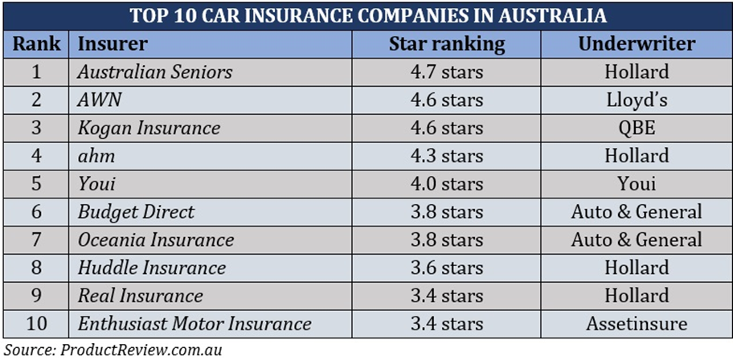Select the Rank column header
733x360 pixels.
pos(36,43)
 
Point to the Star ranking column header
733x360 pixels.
pos(447,43)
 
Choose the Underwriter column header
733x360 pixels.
pos(637,43)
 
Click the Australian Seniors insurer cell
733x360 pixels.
pos(154,72)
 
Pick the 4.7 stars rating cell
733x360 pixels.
pos(447,72)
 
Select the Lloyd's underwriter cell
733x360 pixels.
pos(637,100)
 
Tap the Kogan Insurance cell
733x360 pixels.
pos(149,128)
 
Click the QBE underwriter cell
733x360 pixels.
pos(637,128)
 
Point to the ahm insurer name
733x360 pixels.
pos(96,156)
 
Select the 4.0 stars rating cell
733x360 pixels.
pos(447,184)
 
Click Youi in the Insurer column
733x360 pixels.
pos(96,184)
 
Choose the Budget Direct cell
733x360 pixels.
pos(136,212)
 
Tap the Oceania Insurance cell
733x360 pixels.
pos(156,239)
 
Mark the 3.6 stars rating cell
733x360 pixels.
pos(447,268)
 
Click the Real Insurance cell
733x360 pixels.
pos(140,296)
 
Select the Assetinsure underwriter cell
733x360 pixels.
pos(637,324)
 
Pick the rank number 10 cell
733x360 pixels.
pos(36,324)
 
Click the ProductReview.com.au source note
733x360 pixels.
pos(113,350)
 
